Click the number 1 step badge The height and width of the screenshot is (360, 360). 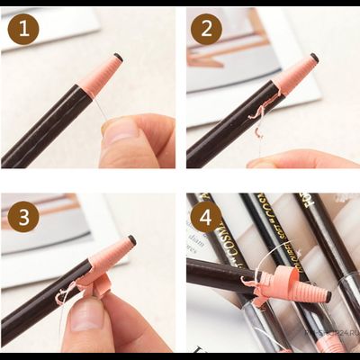point(23,30)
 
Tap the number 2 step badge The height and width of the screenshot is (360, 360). point(206,30)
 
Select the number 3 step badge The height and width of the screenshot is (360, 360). point(23,216)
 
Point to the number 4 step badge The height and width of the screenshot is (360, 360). point(206,216)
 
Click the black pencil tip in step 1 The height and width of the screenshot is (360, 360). point(119,58)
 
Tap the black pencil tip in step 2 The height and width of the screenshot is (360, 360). point(314,58)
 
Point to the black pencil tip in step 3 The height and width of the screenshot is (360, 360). point(131,240)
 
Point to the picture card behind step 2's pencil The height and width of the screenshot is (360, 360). point(261,54)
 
